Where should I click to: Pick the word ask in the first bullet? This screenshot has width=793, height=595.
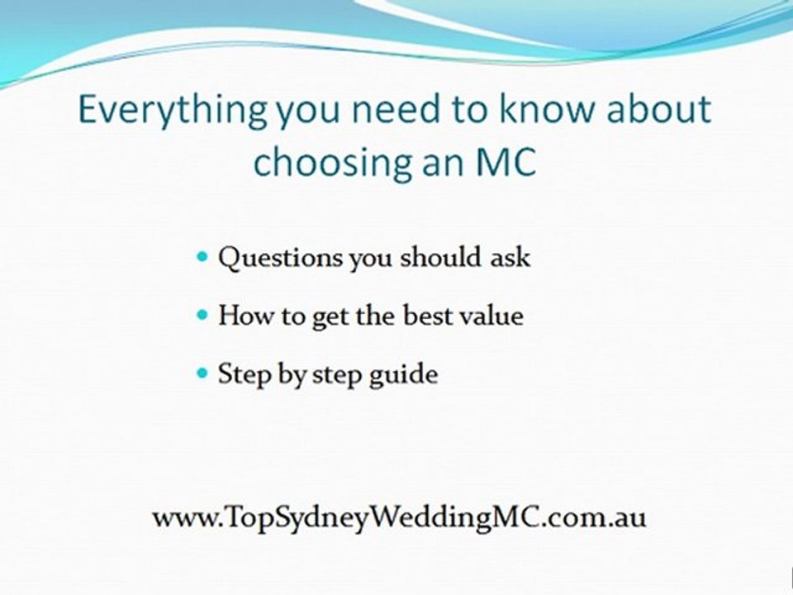coord(511,257)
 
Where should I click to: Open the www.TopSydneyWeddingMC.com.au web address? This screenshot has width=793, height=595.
coord(399,518)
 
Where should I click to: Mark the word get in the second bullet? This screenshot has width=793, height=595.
coord(328,317)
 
